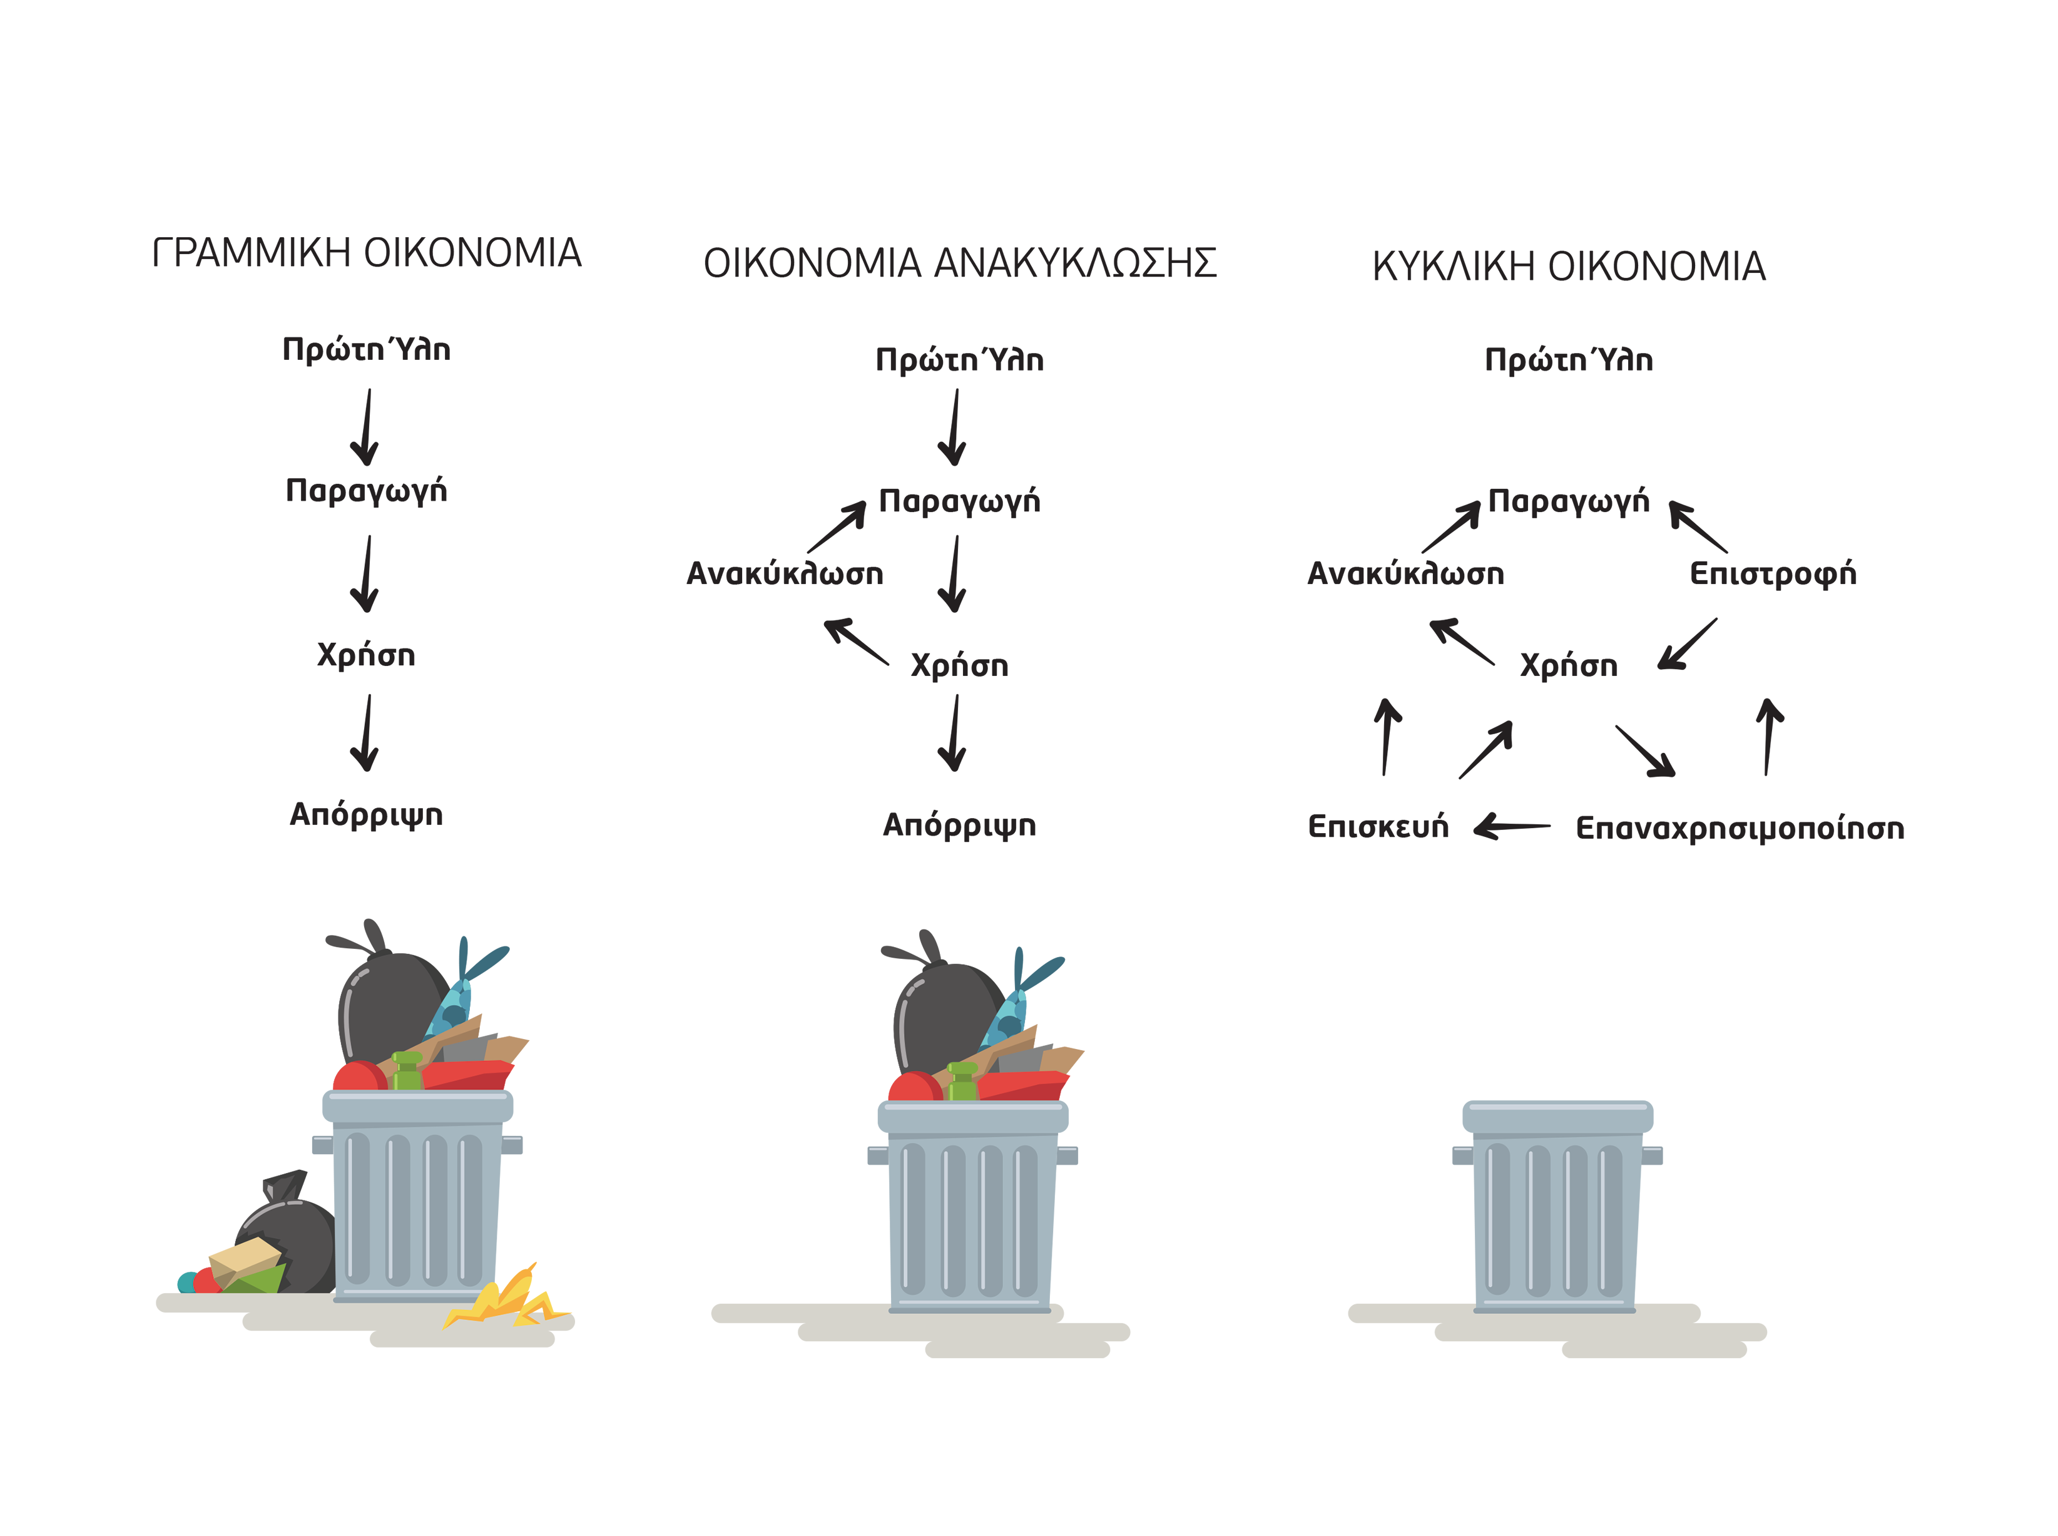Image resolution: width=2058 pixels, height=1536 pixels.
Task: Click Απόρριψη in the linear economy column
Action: pyautogui.click(x=366, y=814)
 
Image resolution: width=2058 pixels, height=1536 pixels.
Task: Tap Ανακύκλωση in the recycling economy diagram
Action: pyautogui.click(x=785, y=574)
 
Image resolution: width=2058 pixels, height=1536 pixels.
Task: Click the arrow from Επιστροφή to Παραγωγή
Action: pyautogui.click(x=1698, y=526)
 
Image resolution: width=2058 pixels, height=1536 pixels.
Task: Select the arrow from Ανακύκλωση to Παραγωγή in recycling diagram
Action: pyautogui.click(x=837, y=526)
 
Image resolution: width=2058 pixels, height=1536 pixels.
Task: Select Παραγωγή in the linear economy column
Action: pyautogui.click(x=366, y=490)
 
